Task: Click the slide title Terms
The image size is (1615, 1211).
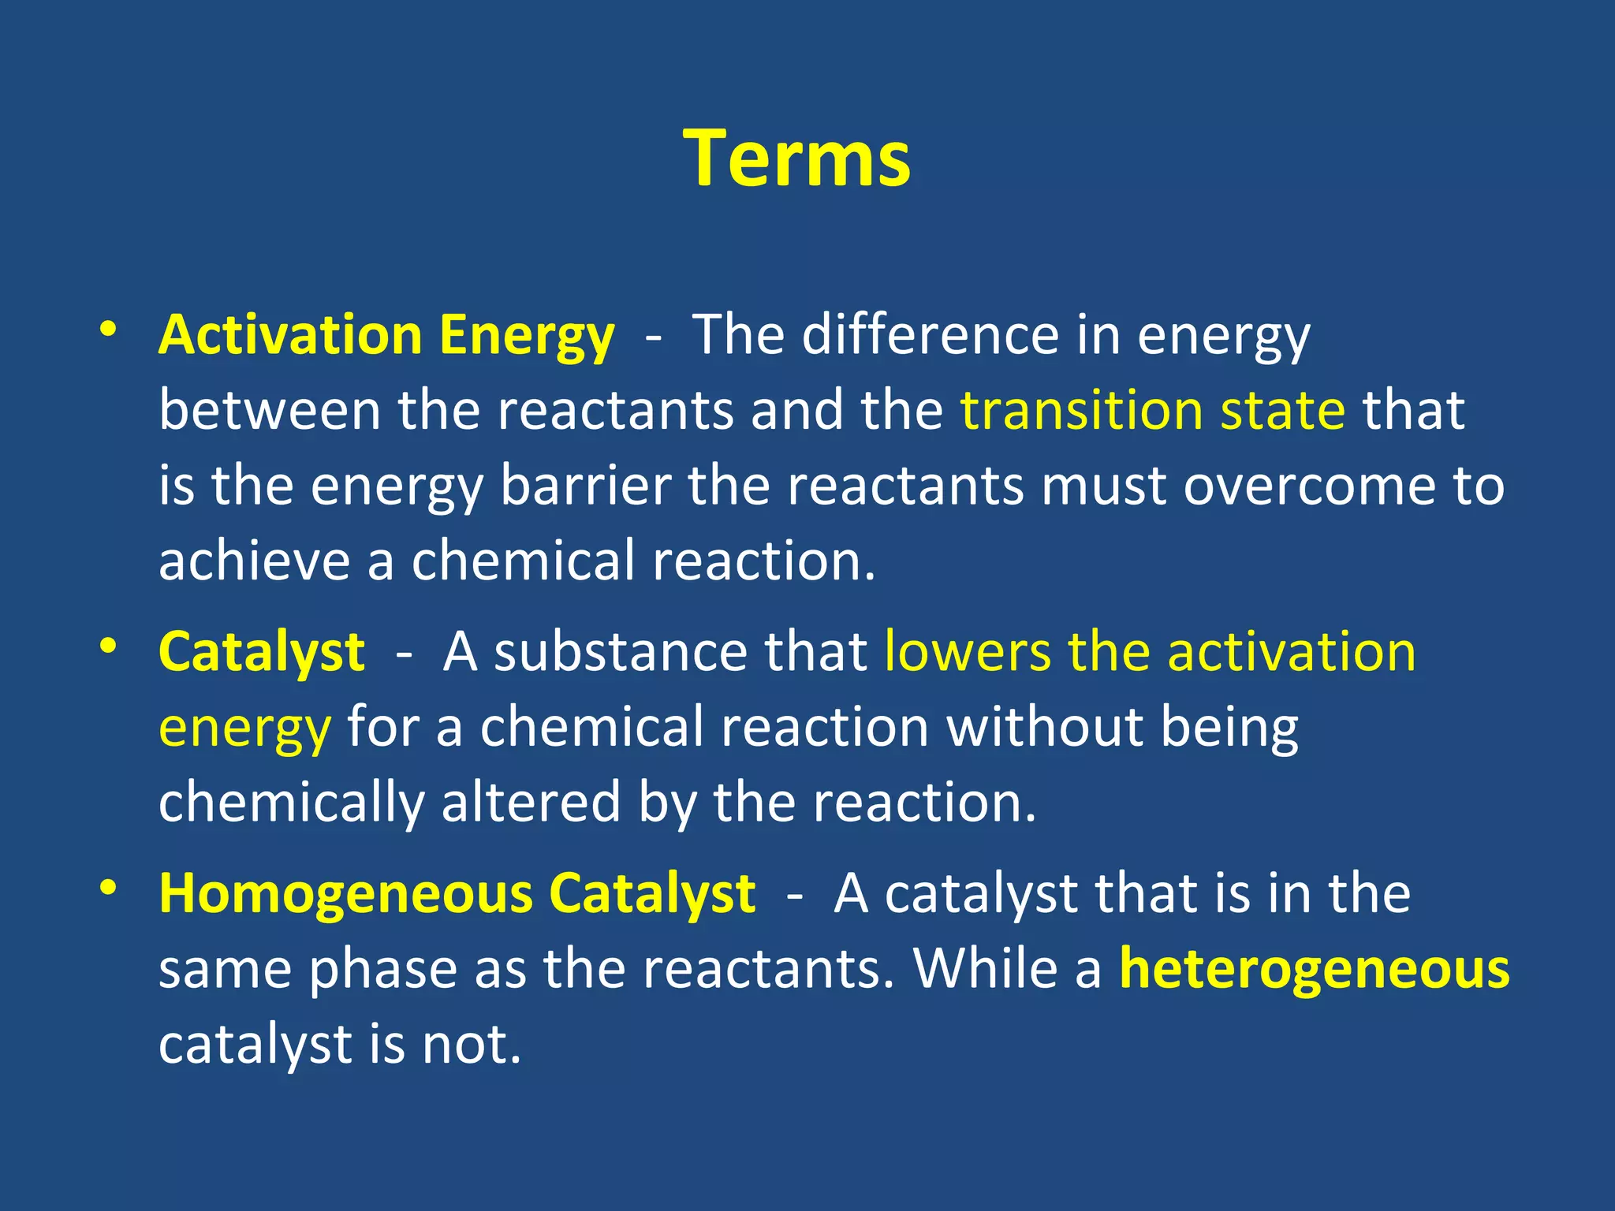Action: tap(797, 158)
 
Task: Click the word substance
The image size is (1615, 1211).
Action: tap(621, 652)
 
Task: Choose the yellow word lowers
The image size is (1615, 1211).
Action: tap(968, 652)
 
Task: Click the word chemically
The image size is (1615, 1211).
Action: tap(291, 803)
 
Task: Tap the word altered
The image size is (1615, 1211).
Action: tap(531, 803)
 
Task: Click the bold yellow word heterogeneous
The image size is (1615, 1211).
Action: tap(1315, 969)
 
